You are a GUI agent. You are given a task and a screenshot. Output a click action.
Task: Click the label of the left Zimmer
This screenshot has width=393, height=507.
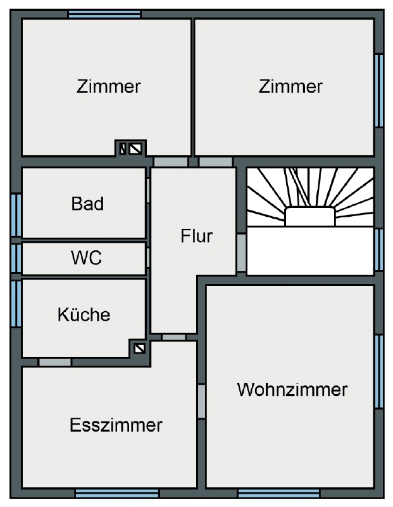pos(109,87)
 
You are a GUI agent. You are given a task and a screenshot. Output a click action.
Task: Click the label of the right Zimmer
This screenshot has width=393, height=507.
pos(290,87)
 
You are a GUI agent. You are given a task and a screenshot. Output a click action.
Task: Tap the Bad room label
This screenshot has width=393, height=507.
pos(87,203)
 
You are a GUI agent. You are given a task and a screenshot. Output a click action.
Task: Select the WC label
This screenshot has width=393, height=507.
pos(87,258)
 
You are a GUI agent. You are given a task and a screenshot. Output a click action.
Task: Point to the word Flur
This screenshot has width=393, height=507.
pos(197,236)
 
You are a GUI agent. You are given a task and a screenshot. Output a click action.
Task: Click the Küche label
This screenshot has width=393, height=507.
pos(84,314)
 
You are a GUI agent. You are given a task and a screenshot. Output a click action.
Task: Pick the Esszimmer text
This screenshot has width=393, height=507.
pos(116,425)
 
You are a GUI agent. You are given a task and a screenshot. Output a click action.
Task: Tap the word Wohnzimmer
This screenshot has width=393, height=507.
pos(292,389)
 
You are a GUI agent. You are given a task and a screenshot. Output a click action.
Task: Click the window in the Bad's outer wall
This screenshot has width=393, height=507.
pos(16,215)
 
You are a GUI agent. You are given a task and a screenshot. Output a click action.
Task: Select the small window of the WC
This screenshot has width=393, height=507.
pos(16,259)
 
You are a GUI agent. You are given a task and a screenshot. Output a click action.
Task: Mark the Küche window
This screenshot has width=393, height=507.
pos(16,304)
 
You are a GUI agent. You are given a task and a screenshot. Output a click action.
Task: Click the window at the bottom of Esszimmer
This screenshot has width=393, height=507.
pos(117,494)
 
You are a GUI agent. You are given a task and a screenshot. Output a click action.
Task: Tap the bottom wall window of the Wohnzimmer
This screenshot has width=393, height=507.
pos(278,494)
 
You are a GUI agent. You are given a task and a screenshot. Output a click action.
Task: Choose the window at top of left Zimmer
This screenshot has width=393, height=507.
pos(104,14)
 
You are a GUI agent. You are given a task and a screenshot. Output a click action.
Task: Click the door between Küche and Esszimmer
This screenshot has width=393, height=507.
pos(55,362)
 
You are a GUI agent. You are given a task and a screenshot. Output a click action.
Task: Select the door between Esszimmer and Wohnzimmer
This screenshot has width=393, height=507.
pos(201,401)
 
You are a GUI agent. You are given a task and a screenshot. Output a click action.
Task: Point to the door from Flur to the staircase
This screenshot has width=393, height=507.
pos(241,253)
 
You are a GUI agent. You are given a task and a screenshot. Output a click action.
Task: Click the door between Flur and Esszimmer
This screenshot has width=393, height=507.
pos(174,337)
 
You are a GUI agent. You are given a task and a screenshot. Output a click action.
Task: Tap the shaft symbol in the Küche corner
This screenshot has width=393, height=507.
pos(139,349)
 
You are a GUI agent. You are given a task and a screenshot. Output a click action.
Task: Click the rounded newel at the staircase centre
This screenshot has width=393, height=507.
pos(310,216)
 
